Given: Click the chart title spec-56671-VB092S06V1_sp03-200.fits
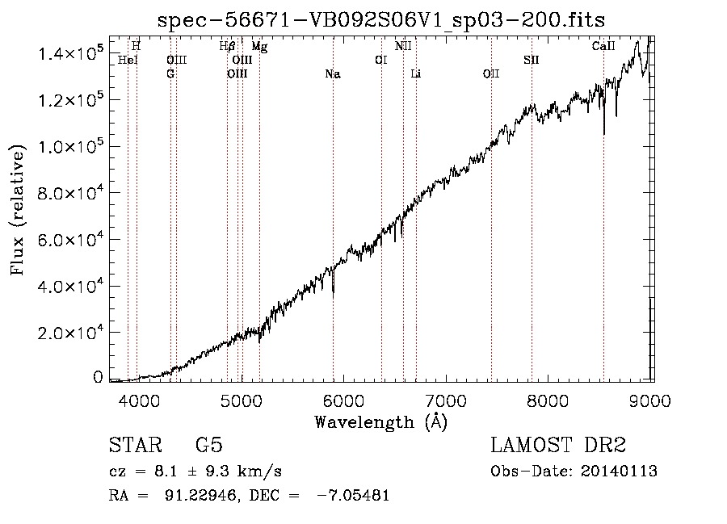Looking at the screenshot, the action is click(x=381, y=20).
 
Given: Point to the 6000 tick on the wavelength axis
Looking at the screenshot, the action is click(x=343, y=401).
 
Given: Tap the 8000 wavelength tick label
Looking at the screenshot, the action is click(x=548, y=401).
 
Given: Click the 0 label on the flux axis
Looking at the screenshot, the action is click(x=98, y=377).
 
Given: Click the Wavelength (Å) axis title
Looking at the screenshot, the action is click(x=380, y=422).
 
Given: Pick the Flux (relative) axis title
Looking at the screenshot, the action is click(x=17, y=210).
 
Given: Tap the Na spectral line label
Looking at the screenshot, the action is click(x=333, y=74).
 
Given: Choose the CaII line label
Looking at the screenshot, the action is click(x=603, y=46).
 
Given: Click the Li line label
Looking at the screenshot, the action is click(x=415, y=74).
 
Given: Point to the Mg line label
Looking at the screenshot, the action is click(x=259, y=47).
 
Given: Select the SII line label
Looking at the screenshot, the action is click(x=532, y=60).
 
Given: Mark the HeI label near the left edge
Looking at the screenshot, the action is click(x=128, y=60).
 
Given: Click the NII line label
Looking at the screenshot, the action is click(x=403, y=46).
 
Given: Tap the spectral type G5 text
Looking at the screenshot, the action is click(x=209, y=445).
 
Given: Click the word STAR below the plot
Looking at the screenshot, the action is click(x=136, y=445).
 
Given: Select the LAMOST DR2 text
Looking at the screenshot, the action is click(x=558, y=445).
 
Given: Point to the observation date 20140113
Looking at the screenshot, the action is click(x=619, y=472).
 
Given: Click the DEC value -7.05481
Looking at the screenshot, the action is click(x=353, y=495).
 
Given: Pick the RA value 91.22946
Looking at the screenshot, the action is click(x=202, y=495).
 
